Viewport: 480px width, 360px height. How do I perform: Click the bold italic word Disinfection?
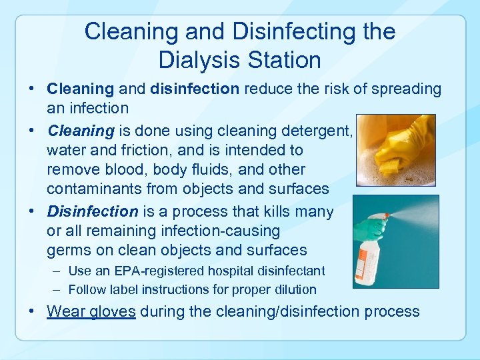click(92, 211)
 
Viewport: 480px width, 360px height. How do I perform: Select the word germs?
click(69, 251)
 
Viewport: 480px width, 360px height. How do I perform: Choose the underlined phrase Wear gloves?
click(91, 311)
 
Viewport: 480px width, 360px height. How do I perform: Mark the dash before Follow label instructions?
click(58, 289)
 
